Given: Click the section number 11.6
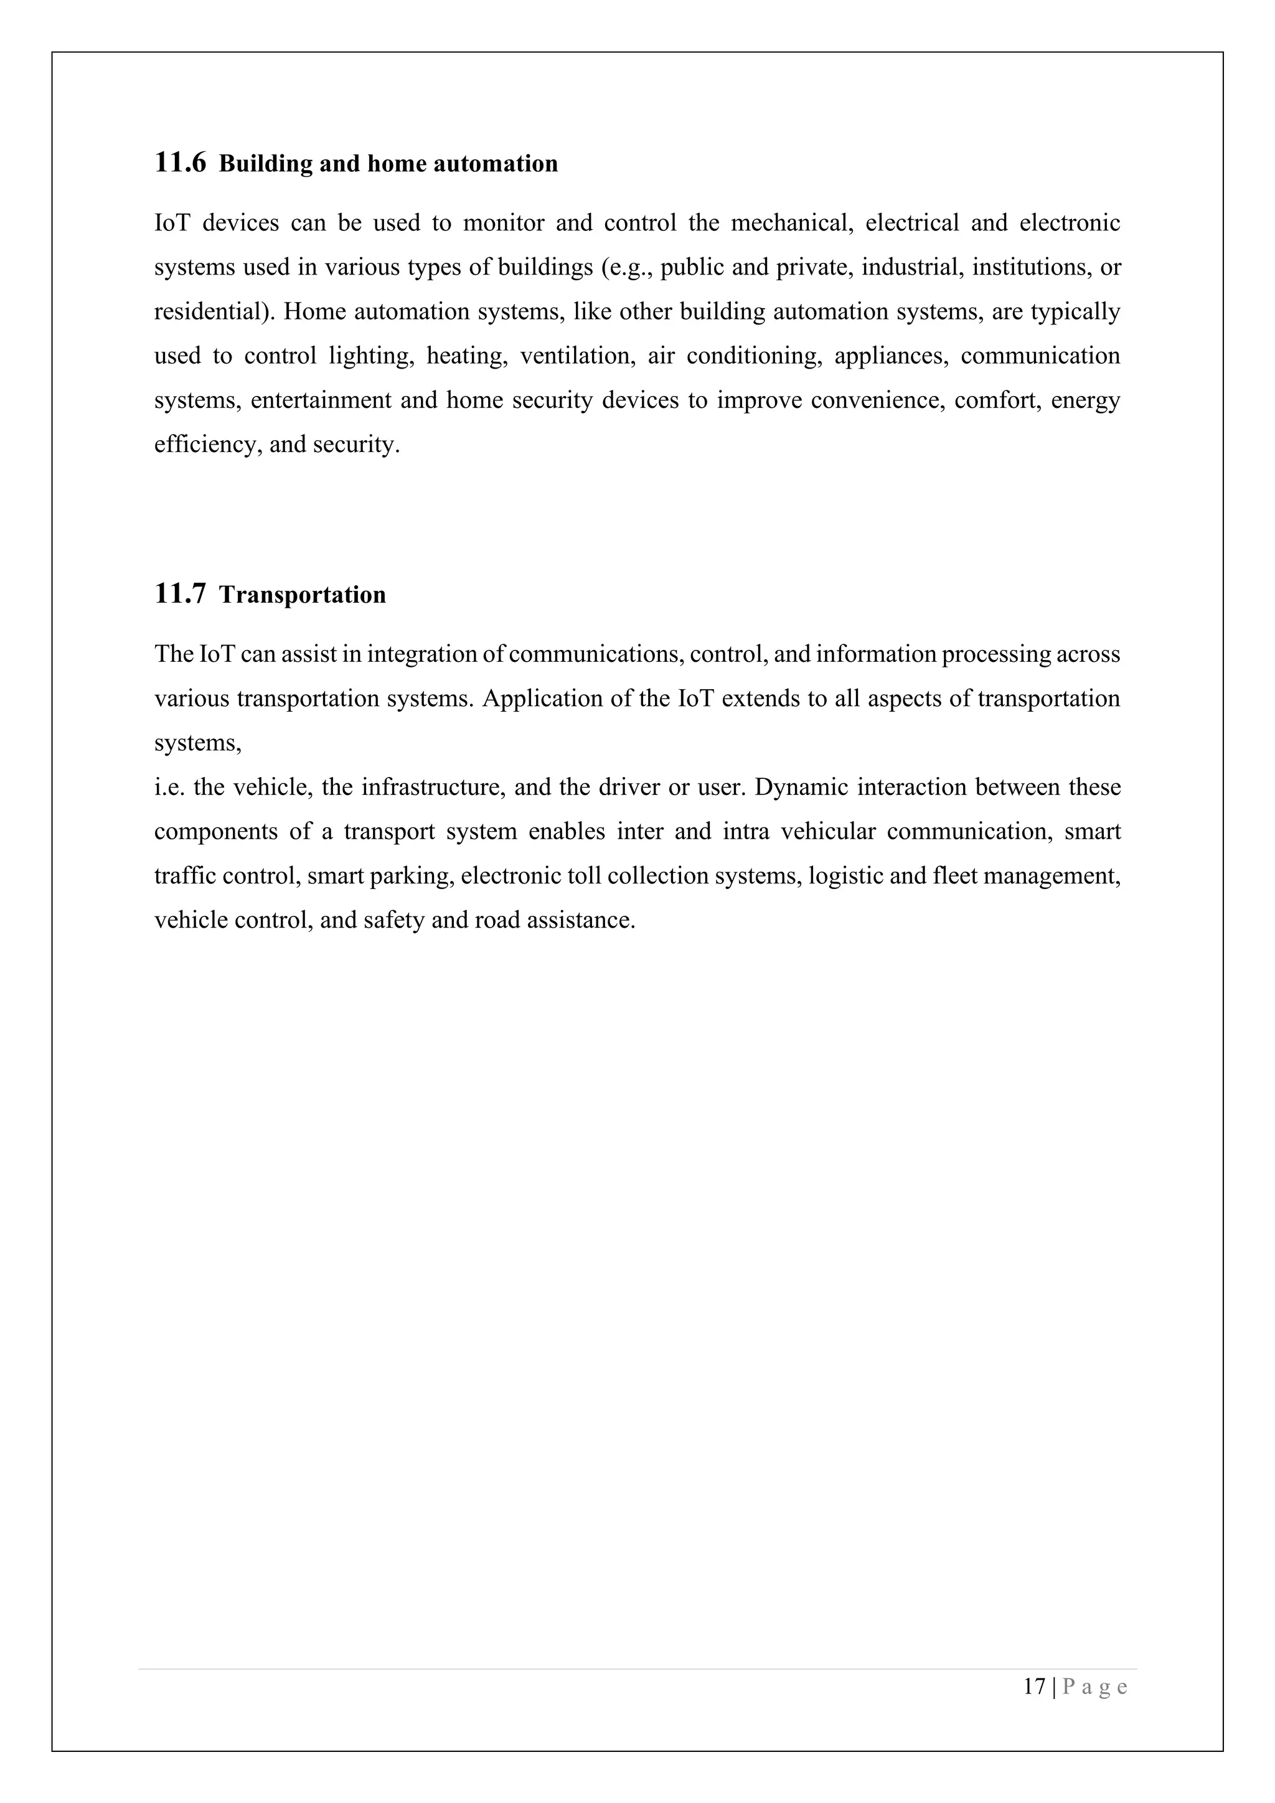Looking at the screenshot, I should (x=180, y=163).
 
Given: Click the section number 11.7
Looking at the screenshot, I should (x=180, y=595).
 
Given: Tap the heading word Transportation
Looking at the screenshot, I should (x=303, y=595).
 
